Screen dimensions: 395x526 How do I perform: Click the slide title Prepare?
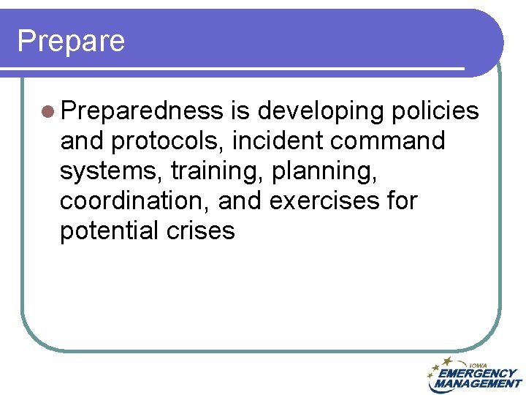[71, 41]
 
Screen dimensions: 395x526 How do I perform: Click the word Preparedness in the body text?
[142, 111]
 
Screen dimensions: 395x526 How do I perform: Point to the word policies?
[435, 111]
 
